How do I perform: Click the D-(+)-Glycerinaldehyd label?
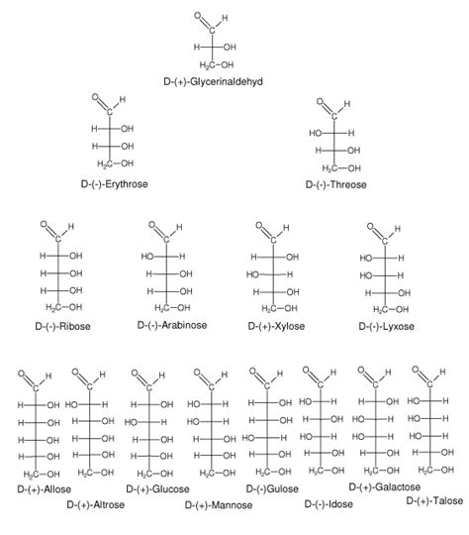tap(213, 82)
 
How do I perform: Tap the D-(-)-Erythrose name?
tap(114, 184)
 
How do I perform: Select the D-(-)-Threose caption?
tap(335, 185)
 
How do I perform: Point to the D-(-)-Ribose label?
tap(62, 326)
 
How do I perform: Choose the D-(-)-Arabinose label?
tap(172, 325)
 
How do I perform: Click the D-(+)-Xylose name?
tap(276, 326)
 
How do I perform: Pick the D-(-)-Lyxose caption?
tap(386, 327)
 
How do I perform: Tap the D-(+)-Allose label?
tap(45, 489)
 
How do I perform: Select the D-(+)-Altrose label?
tap(95, 504)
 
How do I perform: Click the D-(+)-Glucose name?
tap(157, 489)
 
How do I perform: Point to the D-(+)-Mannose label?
tap(219, 505)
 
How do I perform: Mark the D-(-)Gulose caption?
tap(272, 489)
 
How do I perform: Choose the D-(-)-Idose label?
tap(328, 504)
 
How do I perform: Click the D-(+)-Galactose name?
tap(385, 486)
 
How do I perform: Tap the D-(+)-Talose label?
tap(434, 501)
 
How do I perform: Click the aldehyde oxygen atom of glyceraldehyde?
tap(198, 15)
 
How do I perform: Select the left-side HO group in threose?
tap(316, 133)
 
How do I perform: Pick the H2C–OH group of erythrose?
tap(115, 163)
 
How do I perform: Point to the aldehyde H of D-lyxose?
tap(398, 228)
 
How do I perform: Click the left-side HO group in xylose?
tap(253, 274)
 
